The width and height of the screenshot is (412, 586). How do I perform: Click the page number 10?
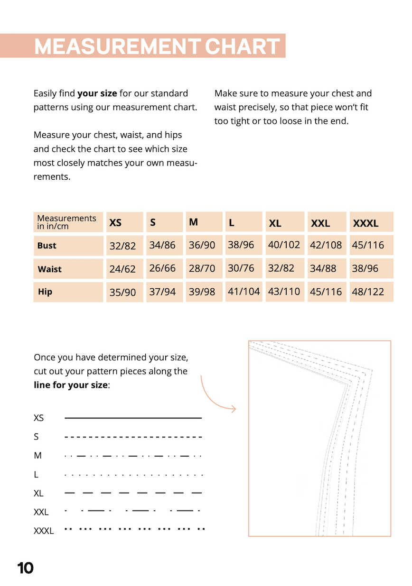click(25, 568)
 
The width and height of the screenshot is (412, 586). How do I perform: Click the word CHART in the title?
click(242, 46)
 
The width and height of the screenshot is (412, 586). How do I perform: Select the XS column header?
click(115, 222)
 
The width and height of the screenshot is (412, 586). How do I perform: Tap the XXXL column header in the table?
click(365, 223)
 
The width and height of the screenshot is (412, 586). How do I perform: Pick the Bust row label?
click(47, 246)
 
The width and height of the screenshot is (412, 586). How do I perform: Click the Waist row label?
click(49, 269)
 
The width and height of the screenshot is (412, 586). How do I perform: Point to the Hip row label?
click(45, 292)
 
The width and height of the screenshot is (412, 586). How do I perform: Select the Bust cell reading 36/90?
click(202, 245)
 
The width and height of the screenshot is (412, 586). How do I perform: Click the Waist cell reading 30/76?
click(241, 268)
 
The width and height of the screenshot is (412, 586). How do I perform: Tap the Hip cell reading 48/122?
click(368, 292)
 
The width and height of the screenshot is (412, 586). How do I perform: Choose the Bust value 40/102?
click(284, 245)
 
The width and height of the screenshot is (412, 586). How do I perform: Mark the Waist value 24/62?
click(122, 269)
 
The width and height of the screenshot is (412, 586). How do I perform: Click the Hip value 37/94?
click(162, 292)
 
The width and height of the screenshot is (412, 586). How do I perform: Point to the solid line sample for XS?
click(133, 418)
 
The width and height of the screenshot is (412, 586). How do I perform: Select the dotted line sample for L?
click(133, 475)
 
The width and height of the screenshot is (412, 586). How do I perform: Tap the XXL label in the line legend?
click(41, 512)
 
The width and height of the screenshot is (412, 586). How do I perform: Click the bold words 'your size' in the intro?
click(97, 93)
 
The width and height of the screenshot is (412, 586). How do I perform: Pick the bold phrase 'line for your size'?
click(71, 385)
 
